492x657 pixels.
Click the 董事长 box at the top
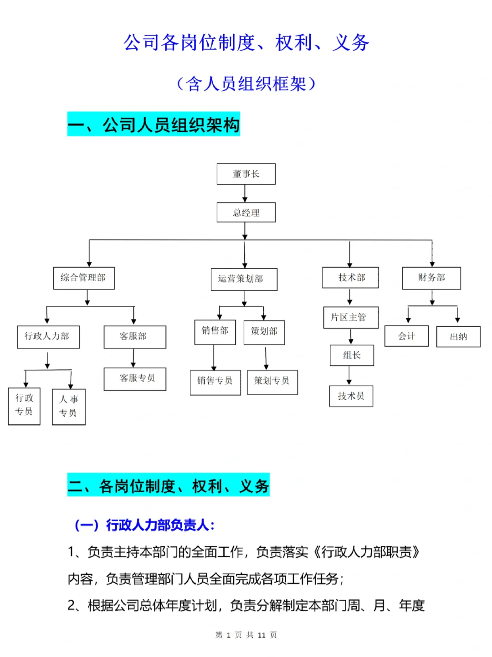pos(246,174)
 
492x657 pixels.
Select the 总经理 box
pos(246,213)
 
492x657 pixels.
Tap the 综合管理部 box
pos(84,278)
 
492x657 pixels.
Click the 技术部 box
pos(350,277)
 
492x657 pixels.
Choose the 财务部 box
pos(431,278)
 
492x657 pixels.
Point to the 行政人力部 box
pos(48,337)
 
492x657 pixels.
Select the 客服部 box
pos(135,337)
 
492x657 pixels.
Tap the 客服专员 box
pos(135,379)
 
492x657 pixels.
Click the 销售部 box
pos(215,332)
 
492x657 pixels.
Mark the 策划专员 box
pos(272,381)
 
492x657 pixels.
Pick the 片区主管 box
pos(351,318)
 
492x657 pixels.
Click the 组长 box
pos(352,355)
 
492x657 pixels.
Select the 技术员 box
pos(351,396)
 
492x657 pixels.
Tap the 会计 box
pos(406,336)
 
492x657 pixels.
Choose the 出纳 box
pos(458,337)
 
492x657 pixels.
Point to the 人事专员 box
pos(69,407)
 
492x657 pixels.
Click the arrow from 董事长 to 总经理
pos(245,193)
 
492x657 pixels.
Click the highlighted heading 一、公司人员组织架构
pos(154,124)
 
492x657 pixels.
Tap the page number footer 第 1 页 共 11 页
pos(246,635)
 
